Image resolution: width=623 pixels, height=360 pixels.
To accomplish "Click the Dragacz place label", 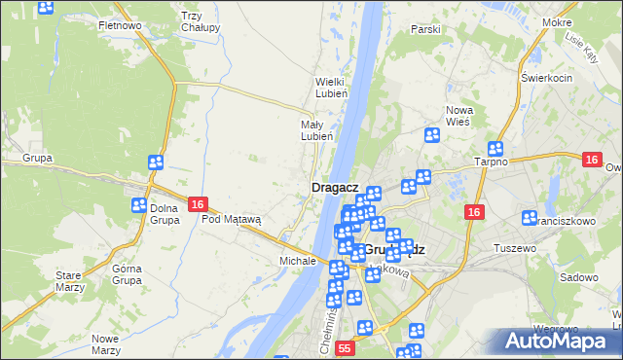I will pos(336,187).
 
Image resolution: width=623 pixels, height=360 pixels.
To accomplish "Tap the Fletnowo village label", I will pos(121,25).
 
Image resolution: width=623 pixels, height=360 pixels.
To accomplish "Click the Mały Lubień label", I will pos(317,130).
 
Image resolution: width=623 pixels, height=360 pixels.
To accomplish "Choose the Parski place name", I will pos(425,30).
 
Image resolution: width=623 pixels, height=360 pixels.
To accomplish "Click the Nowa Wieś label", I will pos(458,116).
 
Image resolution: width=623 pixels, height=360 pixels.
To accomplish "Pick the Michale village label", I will pos(298,261).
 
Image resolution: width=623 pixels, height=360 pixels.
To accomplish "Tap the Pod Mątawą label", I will pos(232,219).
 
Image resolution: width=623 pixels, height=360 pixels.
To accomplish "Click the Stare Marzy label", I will pos(68,281).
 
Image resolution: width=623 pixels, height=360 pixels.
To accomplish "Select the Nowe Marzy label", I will pos(104,343).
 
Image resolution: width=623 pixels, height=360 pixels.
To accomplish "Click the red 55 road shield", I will pos(345,347).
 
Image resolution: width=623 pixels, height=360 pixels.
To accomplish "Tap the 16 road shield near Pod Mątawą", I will pos(198,204).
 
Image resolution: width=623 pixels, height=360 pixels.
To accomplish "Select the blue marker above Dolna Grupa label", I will pos(155,162).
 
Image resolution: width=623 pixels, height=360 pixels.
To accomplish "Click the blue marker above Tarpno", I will pos(495,149).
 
